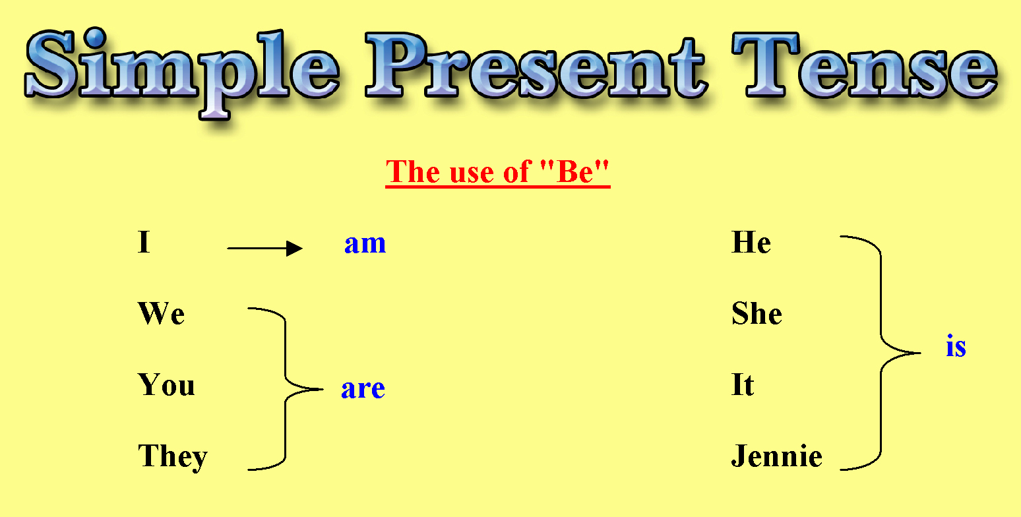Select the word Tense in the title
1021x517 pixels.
click(x=864, y=66)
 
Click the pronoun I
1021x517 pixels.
click(x=144, y=243)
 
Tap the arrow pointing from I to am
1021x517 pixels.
click(x=264, y=248)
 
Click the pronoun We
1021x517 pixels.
click(x=162, y=314)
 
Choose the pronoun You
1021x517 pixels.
click(x=167, y=384)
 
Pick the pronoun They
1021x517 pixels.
click(x=173, y=456)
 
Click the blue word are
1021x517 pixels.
click(x=363, y=389)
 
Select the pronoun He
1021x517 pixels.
click(x=751, y=243)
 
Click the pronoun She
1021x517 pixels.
click(x=757, y=314)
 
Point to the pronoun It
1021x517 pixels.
click(x=743, y=384)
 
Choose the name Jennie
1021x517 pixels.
click(x=777, y=456)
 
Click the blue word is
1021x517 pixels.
click(x=956, y=346)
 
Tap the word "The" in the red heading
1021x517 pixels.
click(x=412, y=172)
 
